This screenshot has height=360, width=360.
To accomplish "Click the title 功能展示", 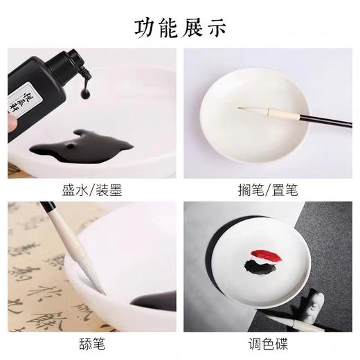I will pos(179,26).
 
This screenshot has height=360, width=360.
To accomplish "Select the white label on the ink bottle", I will pos(27,97).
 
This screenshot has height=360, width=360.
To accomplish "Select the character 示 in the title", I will pos(214,26).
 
